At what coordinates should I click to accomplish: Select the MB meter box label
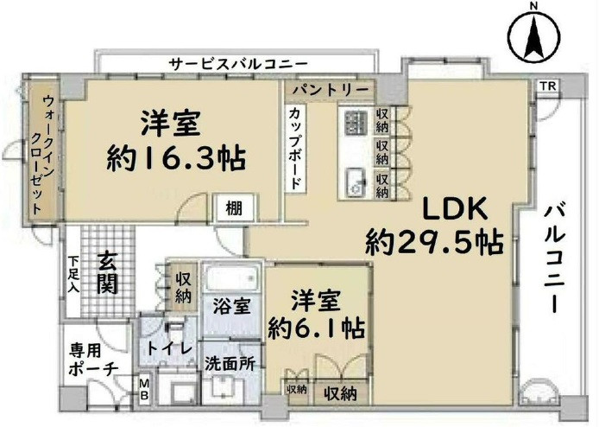tap(143, 389)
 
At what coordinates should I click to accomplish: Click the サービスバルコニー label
tap(239, 63)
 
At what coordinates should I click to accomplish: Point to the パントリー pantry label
tap(331, 90)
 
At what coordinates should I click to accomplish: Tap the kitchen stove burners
tap(356, 122)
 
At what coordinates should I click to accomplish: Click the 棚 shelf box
tap(234, 208)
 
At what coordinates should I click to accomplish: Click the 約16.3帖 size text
tap(176, 159)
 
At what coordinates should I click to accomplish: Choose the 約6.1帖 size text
tap(316, 328)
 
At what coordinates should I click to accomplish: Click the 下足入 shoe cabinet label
tap(73, 275)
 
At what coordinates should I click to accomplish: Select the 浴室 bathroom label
tap(231, 306)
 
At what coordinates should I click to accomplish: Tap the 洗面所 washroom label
tap(230, 364)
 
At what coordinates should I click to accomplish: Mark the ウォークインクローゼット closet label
tap(43, 154)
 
